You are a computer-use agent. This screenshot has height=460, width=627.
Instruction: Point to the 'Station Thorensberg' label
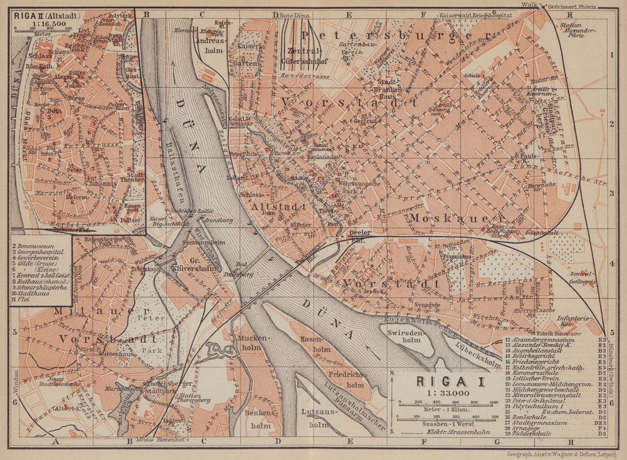pyautogui.click(x=195, y=397)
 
